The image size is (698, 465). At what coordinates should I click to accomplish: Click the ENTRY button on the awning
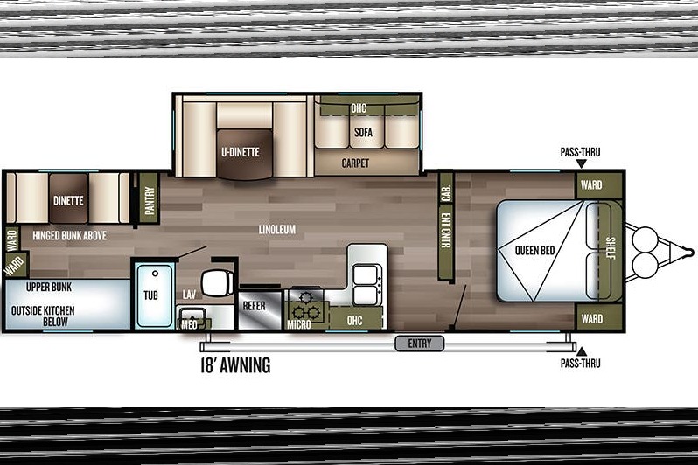point(419,344)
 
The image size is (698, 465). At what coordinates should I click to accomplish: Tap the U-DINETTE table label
point(241,152)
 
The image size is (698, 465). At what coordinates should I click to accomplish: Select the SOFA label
point(363,132)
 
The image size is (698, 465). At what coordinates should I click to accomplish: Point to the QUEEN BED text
point(534,251)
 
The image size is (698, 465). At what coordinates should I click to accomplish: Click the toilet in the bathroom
point(217,281)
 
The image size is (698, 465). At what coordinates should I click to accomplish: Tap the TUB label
point(151,295)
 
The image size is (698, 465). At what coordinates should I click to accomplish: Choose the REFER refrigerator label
point(255,306)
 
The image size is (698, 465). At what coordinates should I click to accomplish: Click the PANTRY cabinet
point(149,199)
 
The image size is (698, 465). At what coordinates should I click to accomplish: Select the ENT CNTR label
point(445,231)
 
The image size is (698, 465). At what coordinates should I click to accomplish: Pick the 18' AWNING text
point(235,365)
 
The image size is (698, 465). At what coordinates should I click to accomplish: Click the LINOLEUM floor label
point(277,230)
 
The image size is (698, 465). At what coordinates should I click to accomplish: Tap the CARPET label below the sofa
point(355,163)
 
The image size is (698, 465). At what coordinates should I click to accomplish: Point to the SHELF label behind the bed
point(611,248)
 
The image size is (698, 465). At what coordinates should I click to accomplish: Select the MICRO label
point(298,325)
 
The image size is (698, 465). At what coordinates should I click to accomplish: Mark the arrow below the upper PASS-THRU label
point(581,163)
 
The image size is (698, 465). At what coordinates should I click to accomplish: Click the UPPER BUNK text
point(49,288)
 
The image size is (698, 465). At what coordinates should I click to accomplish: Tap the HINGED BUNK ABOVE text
point(69,235)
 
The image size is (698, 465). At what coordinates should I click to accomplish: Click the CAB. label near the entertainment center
point(446,192)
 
